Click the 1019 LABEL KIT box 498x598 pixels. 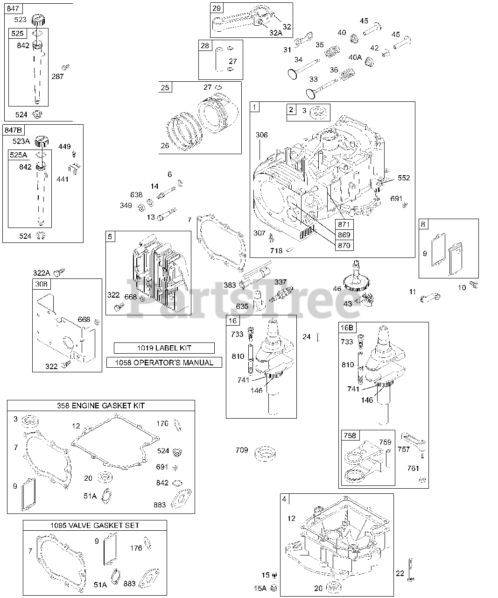(x=164, y=348)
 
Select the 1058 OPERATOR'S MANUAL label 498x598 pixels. (x=164, y=363)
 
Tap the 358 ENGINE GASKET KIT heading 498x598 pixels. (x=101, y=406)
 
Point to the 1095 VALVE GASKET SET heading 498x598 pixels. (x=95, y=526)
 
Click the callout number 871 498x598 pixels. (x=344, y=225)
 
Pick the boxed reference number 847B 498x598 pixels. (x=14, y=129)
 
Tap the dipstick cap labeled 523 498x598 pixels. (x=38, y=21)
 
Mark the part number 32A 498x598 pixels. (x=275, y=33)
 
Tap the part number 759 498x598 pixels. (x=385, y=442)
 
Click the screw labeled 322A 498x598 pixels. (x=60, y=272)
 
